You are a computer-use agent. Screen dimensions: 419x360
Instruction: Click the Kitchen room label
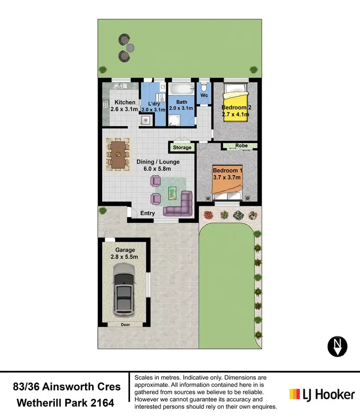point(125,102)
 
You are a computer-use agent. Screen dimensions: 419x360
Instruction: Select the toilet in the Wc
point(204,88)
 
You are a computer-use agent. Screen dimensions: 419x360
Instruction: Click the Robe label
point(241,146)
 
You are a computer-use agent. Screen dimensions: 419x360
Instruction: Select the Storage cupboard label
point(182,147)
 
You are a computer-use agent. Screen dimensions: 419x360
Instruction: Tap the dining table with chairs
point(118,155)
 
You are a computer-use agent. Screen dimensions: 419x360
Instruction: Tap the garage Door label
point(125,324)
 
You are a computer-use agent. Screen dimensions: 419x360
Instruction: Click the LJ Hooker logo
point(322,395)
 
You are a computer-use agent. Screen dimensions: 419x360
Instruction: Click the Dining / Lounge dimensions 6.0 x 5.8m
point(154,168)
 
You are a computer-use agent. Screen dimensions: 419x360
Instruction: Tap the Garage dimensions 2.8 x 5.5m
point(125,257)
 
